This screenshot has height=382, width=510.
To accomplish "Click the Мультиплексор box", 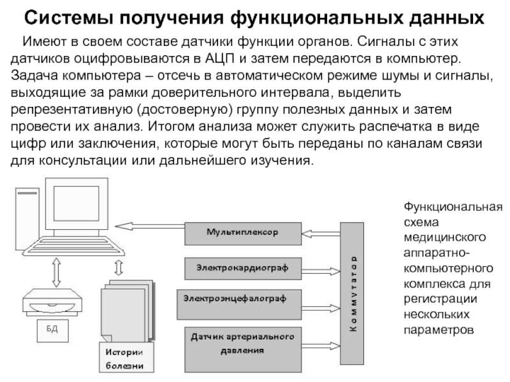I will click(x=241, y=233).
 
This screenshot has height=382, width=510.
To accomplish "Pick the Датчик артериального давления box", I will click(x=242, y=344).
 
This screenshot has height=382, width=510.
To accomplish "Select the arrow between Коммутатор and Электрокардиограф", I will click(x=321, y=268).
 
